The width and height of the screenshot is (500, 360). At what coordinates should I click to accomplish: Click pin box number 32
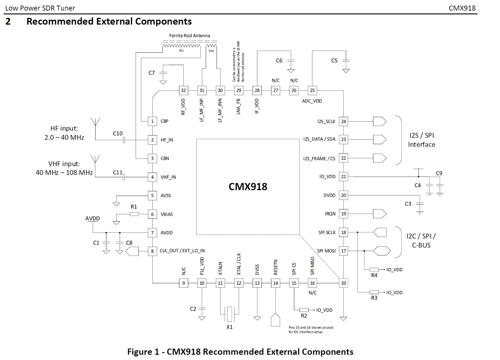click(x=183, y=91)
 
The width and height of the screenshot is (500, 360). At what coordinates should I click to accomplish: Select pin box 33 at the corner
click(x=343, y=283)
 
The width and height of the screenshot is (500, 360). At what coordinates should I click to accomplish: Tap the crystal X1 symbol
click(x=229, y=314)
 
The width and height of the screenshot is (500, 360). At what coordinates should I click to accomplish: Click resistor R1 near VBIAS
click(x=134, y=214)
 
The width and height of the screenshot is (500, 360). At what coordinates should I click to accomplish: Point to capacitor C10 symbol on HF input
click(x=124, y=140)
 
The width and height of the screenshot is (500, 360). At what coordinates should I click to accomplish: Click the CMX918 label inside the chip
click(x=248, y=187)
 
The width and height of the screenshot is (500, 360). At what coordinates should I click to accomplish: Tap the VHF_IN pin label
click(x=168, y=177)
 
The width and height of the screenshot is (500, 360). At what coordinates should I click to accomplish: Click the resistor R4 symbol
click(x=374, y=269)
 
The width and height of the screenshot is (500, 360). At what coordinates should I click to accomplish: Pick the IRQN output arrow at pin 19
click(x=380, y=214)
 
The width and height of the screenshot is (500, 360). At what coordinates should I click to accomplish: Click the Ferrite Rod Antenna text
click(x=189, y=36)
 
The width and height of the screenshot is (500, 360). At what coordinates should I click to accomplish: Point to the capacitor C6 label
click(x=279, y=61)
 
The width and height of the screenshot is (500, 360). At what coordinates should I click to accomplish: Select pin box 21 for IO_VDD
click(x=343, y=177)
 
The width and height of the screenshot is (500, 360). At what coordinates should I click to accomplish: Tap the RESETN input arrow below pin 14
click(x=275, y=320)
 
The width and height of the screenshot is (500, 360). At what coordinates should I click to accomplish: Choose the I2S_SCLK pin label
click(x=326, y=122)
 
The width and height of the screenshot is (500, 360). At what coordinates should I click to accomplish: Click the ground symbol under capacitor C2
click(x=202, y=318)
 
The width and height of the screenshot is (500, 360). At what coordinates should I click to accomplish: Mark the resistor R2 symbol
click(x=304, y=310)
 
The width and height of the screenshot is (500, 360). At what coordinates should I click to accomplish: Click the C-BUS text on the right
click(x=421, y=245)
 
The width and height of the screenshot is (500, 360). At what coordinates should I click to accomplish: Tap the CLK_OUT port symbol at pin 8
click(x=132, y=251)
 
